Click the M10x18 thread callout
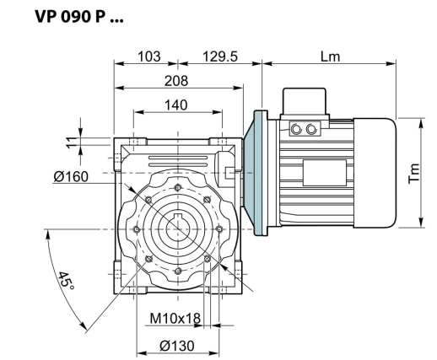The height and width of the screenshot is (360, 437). pyautogui.click(x=173, y=318)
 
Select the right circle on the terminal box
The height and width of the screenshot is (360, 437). pyautogui.click(x=313, y=129)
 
